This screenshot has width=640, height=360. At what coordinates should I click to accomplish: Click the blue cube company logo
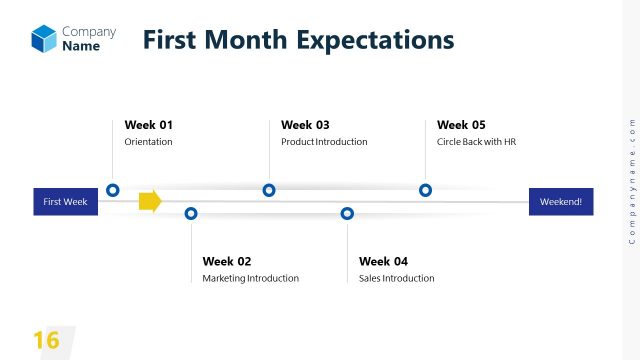point(44,39)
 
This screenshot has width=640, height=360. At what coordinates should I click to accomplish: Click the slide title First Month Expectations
point(298,40)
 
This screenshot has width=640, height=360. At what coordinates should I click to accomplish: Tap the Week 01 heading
point(149,125)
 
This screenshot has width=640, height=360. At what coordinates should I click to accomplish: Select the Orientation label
point(148,142)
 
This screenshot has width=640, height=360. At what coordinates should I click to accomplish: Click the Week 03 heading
point(305,125)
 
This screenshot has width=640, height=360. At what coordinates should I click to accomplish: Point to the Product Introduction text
point(324,142)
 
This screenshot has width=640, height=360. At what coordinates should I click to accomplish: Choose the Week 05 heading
point(461,125)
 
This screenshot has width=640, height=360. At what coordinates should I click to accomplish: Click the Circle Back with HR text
point(476,142)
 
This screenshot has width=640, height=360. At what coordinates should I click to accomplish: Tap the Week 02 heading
point(227,261)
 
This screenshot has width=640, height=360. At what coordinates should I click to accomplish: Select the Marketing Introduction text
point(250,278)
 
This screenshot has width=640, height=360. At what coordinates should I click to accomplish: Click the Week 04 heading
point(383,261)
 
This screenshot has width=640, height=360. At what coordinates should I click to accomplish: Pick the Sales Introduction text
point(396,278)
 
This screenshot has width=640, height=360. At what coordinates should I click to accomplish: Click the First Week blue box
point(65,201)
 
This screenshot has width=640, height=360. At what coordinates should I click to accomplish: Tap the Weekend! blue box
point(561,201)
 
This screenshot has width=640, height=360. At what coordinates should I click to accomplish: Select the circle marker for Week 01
point(113,190)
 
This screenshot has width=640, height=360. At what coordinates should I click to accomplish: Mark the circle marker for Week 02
point(191,213)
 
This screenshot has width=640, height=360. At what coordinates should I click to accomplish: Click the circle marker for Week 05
point(425,190)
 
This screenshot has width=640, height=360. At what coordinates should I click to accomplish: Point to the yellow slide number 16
point(46,340)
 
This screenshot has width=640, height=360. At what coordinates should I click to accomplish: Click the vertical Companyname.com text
point(631,180)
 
